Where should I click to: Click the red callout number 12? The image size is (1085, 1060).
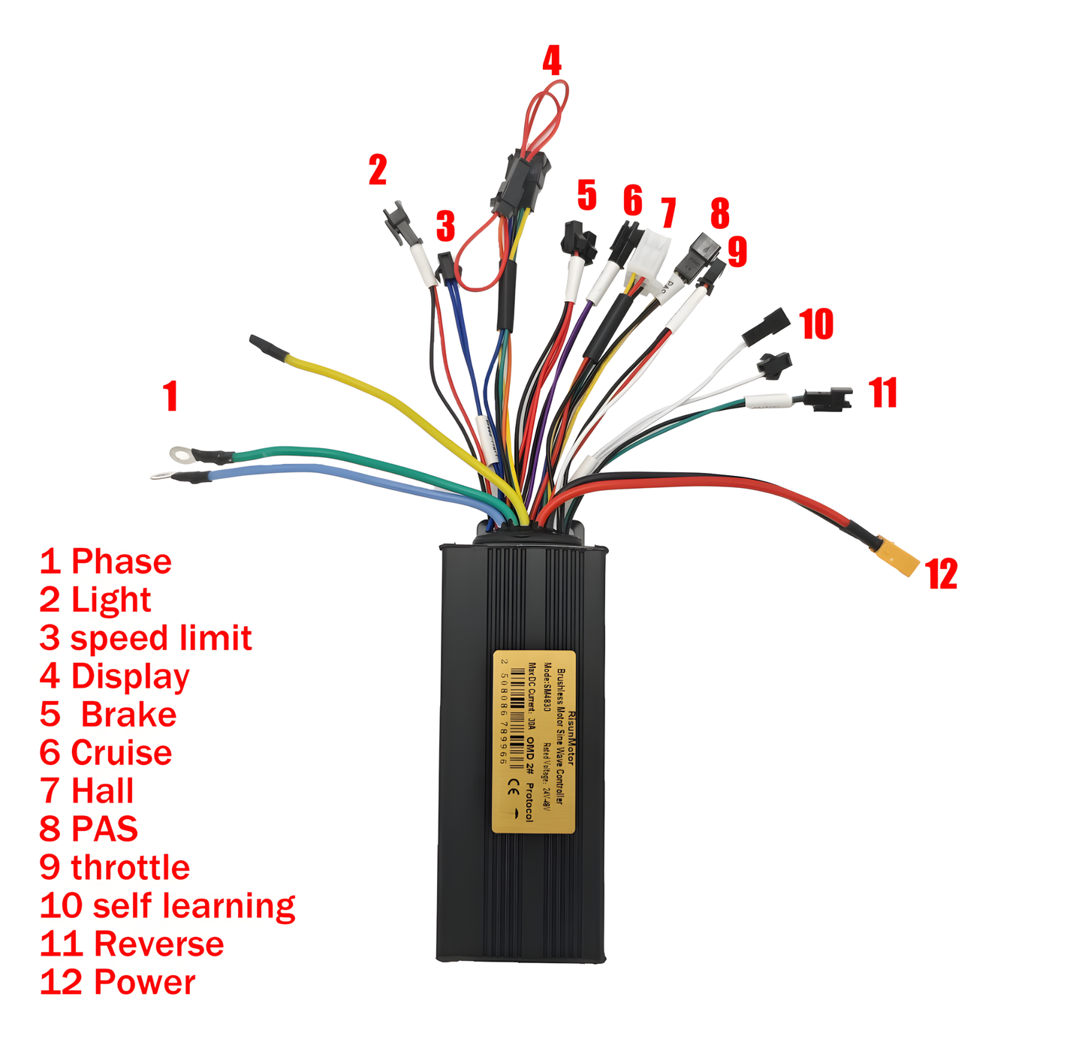pos(942,574)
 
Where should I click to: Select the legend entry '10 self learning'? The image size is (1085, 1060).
pos(167,906)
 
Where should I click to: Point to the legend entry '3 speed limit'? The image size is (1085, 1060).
pos(146,638)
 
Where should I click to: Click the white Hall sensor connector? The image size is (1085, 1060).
pos(649,255)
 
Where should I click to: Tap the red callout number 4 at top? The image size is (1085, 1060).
pos(552,61)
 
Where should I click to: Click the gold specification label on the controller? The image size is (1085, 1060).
pos(534,741)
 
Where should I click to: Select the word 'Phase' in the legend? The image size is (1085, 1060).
pos(121,562)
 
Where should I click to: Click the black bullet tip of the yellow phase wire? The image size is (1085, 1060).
pos(267,348)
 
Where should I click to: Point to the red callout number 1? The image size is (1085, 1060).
pos(171,396)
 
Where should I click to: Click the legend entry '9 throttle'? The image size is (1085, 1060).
pos(115,868)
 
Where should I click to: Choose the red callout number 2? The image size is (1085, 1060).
pos(378,170)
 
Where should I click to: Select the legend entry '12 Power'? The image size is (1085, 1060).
pos(118,983)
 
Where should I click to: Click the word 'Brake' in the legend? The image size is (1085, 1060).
pos(128,715)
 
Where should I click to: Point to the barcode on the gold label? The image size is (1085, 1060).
pos(517,717)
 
